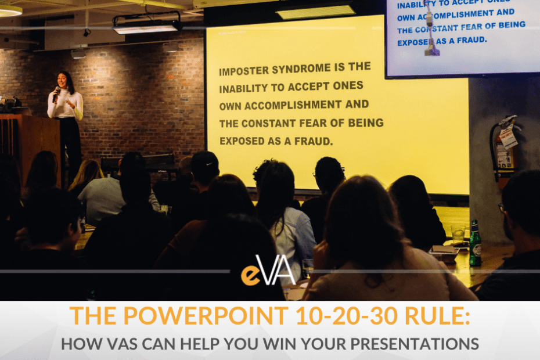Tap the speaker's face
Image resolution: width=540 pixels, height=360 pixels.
(x=63, y=81)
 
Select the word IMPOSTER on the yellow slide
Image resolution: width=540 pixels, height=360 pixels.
(x=245, y=71)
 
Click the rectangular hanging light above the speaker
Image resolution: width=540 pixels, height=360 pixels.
(x=146, y=26)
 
